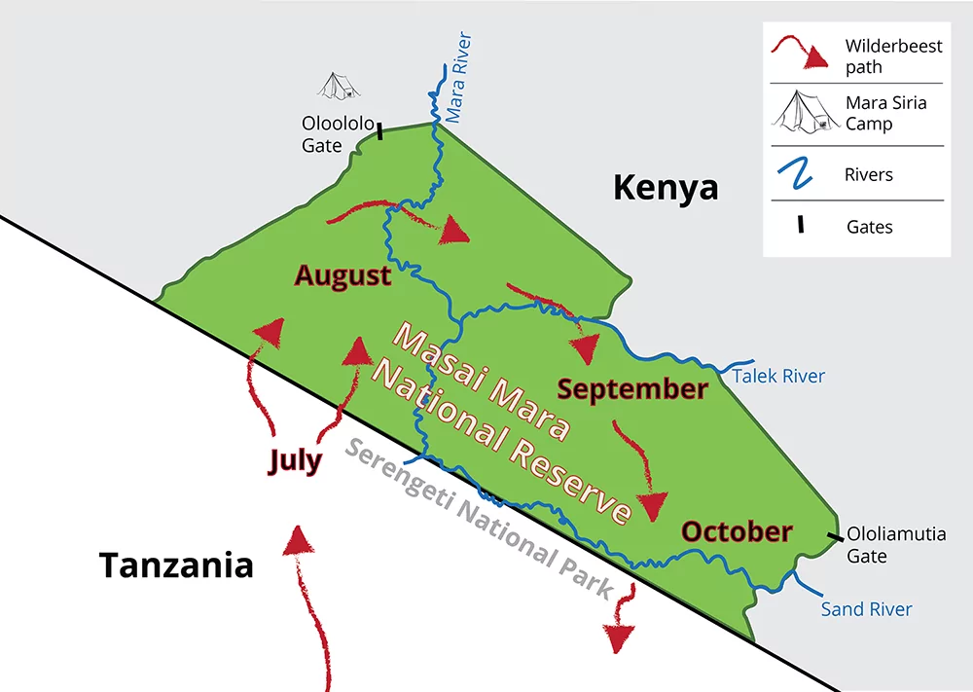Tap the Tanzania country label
[176, 565]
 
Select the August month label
[342, 275]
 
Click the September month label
[632, 389]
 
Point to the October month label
[737, 531]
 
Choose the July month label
[295, 460]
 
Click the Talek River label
[778, 376]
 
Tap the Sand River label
[866, 609]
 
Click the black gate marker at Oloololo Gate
[379, 131]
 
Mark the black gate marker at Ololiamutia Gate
[835, 536]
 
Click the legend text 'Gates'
[869, 227]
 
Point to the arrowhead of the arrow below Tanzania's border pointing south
[620, 637]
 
